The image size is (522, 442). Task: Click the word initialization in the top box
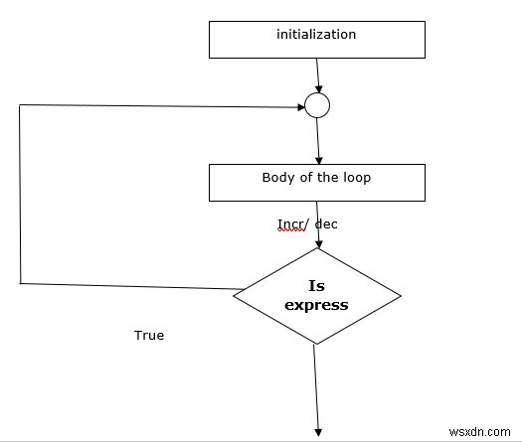click(316, 34)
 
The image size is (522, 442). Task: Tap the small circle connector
click(316, 104)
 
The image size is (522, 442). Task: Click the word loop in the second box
click(351, 178)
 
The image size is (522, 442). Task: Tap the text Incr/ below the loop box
click(293, 223)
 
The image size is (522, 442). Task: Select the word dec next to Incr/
click(326, 223)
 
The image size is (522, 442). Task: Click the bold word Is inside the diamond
click(316, 285)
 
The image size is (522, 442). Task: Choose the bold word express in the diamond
click(316, 305)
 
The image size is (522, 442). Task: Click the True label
click(149, 335)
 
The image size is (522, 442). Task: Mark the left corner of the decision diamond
click(235, 291)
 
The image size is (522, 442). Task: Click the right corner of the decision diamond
click(401, 294)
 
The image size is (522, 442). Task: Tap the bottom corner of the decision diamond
click(314, 344)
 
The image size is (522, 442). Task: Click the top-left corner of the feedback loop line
click(20, 103)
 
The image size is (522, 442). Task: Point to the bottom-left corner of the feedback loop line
click(20, 283)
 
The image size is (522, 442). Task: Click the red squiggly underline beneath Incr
click(291, 230)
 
